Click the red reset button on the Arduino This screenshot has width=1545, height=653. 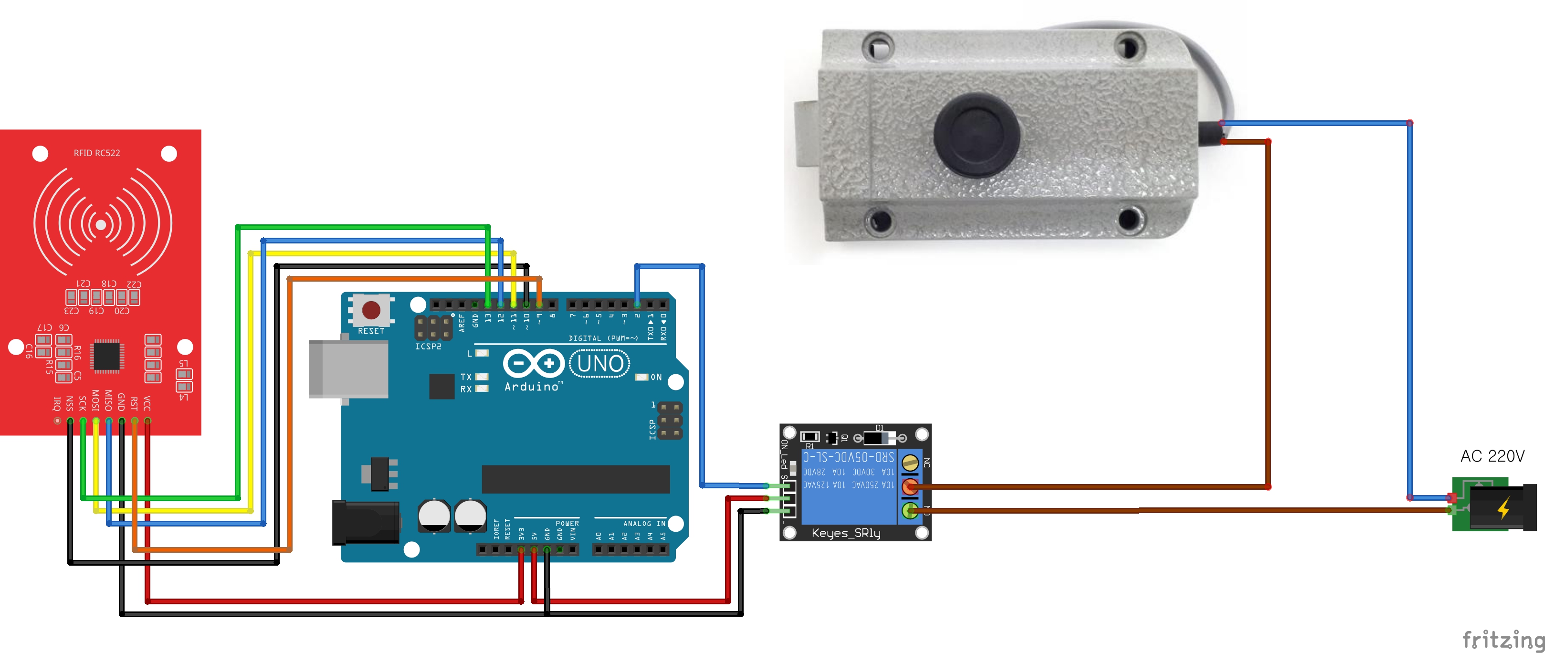point(371,310)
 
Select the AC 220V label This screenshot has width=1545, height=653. point(1492,456)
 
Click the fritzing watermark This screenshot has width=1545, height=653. point(1503,640)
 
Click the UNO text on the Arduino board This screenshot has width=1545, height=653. point(600,363)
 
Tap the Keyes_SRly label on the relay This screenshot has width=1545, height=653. point(846,533)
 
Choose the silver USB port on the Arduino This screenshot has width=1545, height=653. point(348,369)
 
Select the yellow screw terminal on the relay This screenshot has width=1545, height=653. point(911,463)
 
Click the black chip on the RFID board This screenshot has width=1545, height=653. point(107,355)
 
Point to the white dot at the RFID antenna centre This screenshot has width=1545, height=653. point(101,224)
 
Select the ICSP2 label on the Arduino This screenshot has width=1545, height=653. point(428,347)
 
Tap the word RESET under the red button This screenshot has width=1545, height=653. point(371,331)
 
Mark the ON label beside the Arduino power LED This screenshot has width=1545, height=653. point(656,377)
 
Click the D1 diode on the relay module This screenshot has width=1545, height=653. point(879,437)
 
